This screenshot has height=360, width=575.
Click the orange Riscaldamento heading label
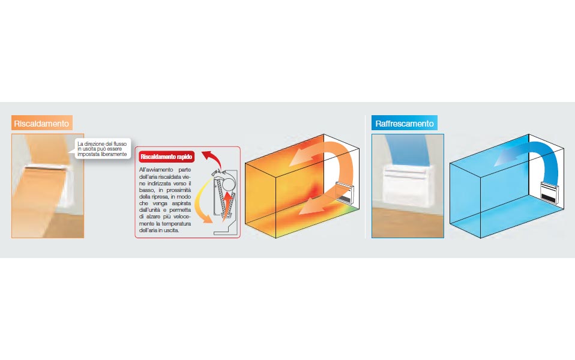coord(42,123)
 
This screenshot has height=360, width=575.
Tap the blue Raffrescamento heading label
coord(405,123)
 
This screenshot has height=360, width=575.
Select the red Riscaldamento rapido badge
coord(166,157)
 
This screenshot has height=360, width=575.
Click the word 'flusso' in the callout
coord(120,144)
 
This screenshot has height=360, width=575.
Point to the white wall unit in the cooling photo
coord(407,185)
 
